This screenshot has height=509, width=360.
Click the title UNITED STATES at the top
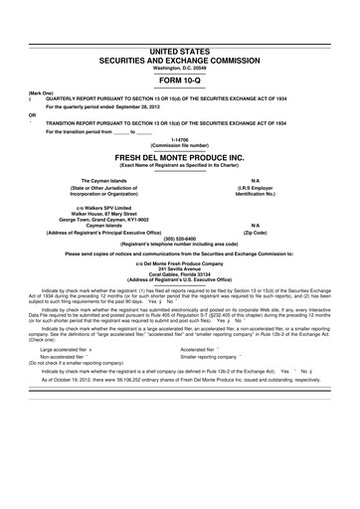(179, 49)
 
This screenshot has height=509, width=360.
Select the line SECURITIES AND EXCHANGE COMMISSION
(179, 59)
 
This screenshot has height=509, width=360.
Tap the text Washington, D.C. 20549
(179, 68)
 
